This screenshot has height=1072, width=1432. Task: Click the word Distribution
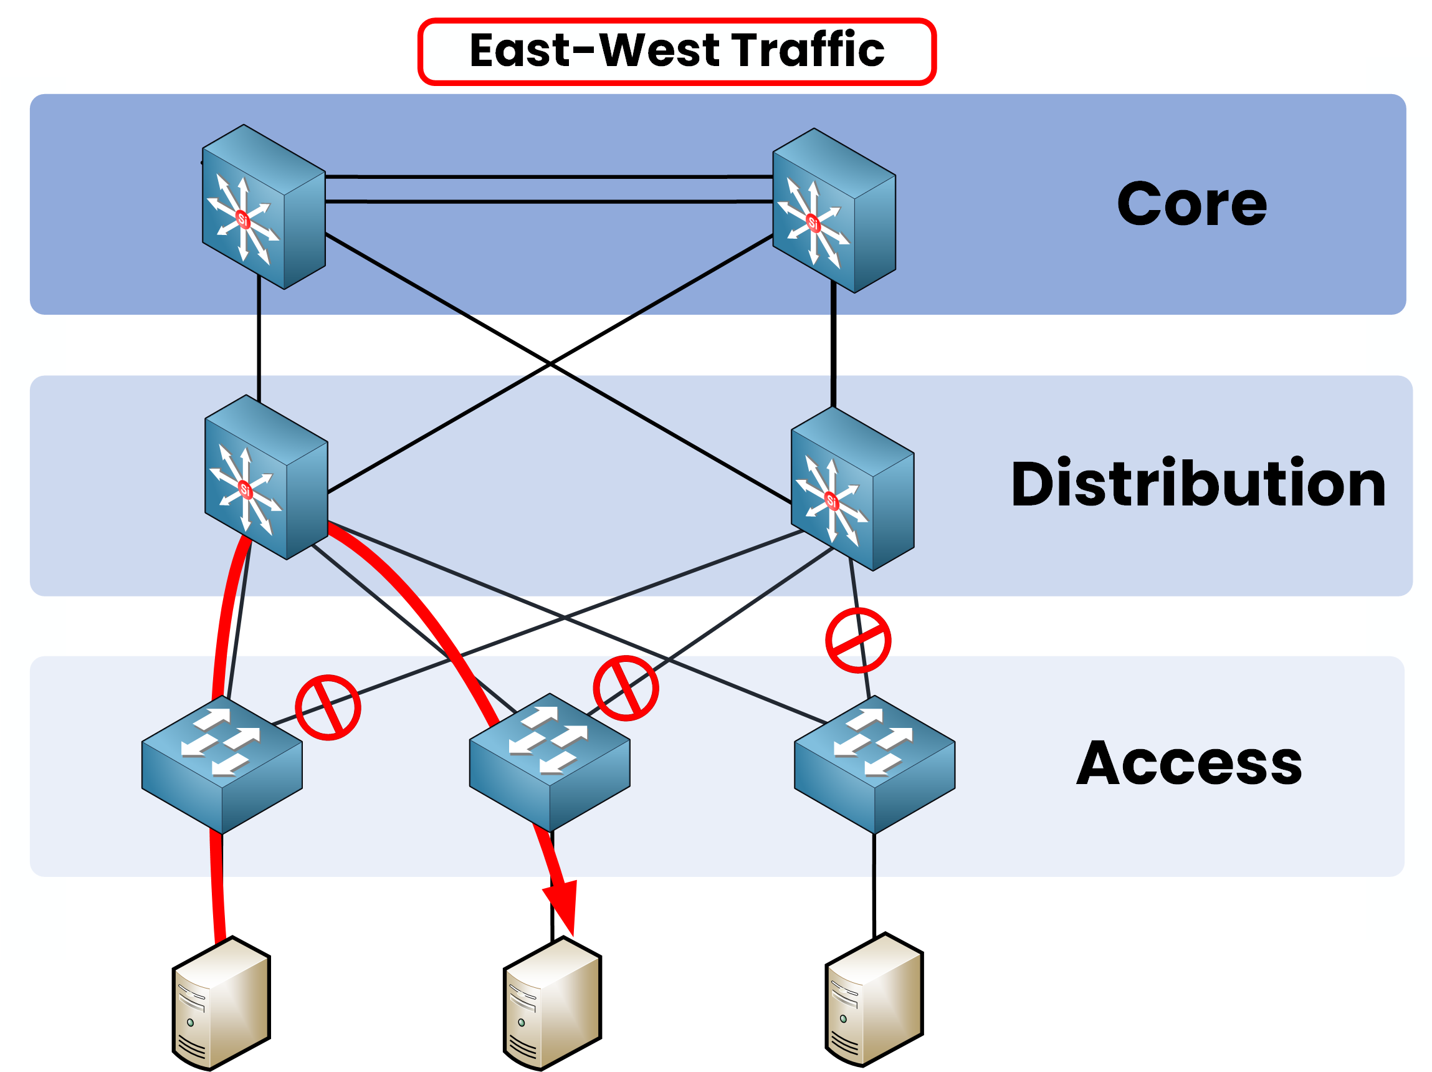click(x=1198, y=484)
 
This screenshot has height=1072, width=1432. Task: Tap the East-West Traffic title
click(x=677, y=50)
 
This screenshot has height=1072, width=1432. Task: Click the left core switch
click(x=264, y=207)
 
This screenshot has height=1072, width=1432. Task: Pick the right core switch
click(x=834, y=211)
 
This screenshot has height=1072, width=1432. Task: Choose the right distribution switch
click(x=852, y=489)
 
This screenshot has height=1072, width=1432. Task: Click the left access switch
click(x=221, y=764)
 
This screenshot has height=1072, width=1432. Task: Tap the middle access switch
click(x=549, y=763)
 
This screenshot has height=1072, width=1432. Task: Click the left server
click(x=221, y=1003)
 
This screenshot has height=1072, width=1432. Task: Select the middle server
click(x=552, y=1003)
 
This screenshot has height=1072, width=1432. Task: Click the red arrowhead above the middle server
click(x=562, y=905)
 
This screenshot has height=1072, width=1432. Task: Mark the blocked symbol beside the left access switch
click(x=328, y=707)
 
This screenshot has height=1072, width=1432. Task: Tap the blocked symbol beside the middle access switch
click(x=626, y=688)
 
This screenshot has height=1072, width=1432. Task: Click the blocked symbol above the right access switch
click(x=858, y=640)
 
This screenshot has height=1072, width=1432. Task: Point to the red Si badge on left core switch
click(x=243, y=219)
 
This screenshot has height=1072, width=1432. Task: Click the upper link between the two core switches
click(x=549, y=176)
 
